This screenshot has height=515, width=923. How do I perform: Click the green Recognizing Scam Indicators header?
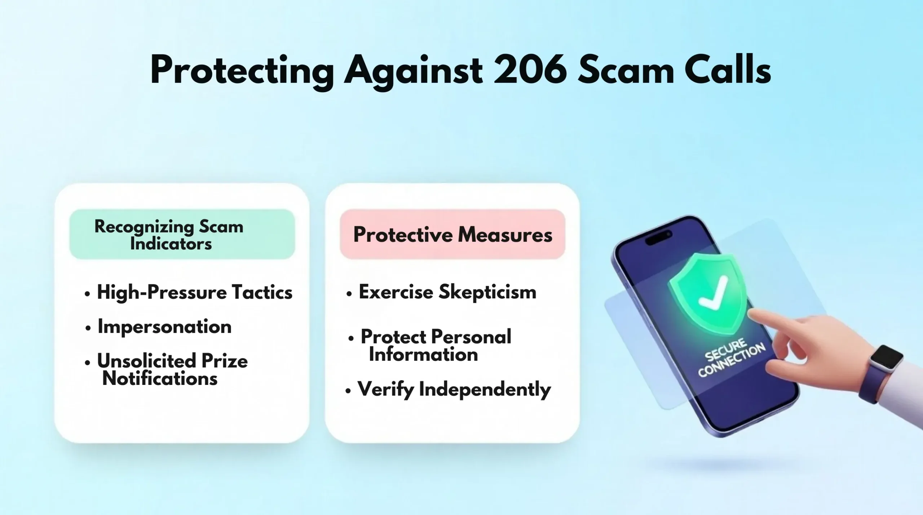(x=182, y=234)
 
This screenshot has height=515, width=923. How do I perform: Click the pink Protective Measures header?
(x=452, y=234)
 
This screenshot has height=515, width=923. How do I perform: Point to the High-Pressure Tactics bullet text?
(x=195, y=292)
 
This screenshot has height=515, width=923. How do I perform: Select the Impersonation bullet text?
(x=164, y=327)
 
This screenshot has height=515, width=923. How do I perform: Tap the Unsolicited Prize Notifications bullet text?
(x=172, y=369)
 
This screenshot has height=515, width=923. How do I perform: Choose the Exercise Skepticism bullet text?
(x=447, y=292)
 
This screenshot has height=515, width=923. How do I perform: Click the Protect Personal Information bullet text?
(x=436, y=345)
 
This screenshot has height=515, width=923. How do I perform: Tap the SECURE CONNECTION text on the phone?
(x=731, y=358)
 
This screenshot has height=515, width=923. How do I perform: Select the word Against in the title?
(x=414, y=72)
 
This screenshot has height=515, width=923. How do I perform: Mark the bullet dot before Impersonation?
(x=88, y=328)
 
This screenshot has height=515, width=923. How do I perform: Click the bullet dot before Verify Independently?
(x=348, y=391)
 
